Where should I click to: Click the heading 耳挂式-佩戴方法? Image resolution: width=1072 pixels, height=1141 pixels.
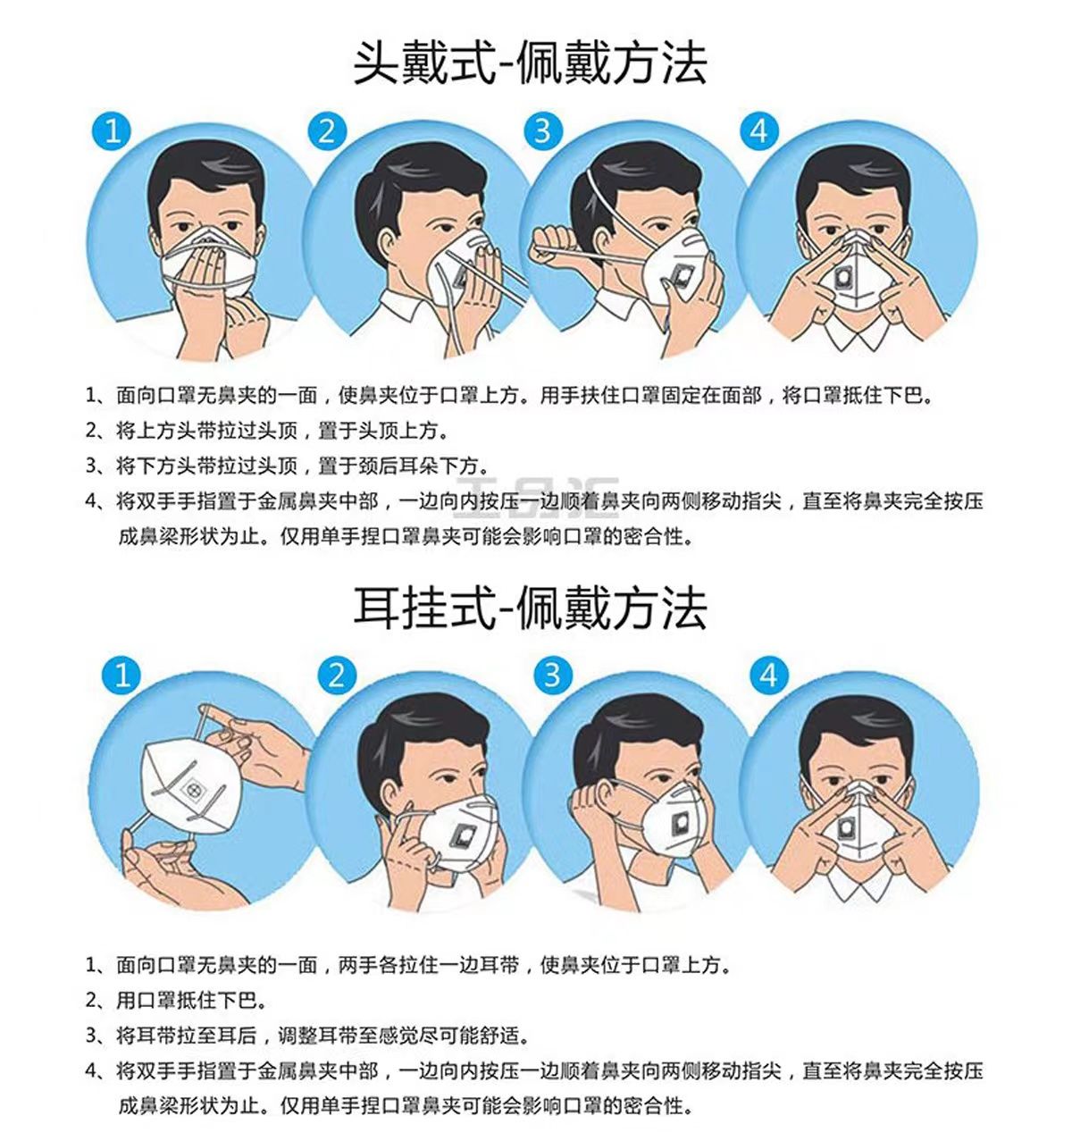coord(531,608)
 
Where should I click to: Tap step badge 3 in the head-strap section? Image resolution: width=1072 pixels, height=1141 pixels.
coord(542,131)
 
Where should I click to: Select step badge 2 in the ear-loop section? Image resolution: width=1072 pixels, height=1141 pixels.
coord(336,674)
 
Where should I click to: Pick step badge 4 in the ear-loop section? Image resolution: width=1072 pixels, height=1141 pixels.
coord(769,674)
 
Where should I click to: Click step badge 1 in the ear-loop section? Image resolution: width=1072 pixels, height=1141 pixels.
coord(122,674)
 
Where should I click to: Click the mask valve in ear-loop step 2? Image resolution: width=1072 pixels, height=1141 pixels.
coord(461,837)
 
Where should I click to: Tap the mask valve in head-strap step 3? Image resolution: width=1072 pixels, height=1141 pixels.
coord(683,274)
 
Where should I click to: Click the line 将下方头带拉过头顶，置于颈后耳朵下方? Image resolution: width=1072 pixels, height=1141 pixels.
coord(302,466)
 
